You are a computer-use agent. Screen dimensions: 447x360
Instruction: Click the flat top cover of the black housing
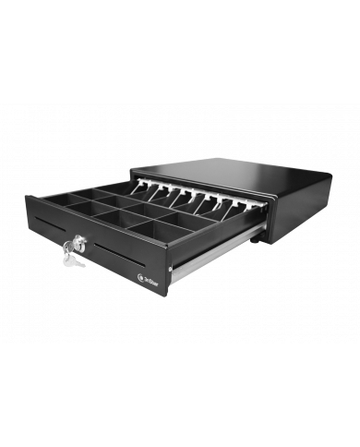tap(231, 175)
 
